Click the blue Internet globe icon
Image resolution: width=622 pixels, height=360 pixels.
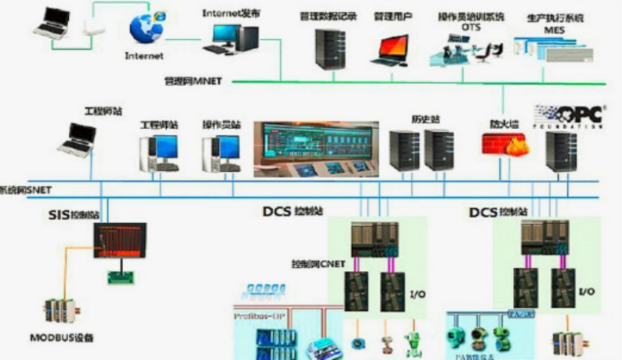(x=145, y=27)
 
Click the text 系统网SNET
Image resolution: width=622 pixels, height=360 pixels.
(x=26, y=190)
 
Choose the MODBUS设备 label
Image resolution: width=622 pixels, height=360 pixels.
(x=62, y=339)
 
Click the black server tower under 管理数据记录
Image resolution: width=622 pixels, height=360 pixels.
(x=330, y=48)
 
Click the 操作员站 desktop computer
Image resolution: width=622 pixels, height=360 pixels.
(x=220, y=153)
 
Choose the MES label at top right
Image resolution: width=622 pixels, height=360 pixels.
(x=555, y=30)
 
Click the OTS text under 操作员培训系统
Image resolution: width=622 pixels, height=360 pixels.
(x=471, y=27)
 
